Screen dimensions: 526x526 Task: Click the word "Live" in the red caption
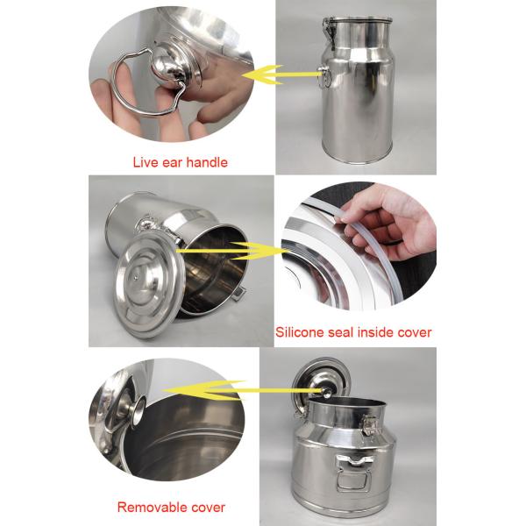[146, 162]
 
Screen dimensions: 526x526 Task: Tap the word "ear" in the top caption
[173, 163]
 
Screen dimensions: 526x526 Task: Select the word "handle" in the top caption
[207, 162]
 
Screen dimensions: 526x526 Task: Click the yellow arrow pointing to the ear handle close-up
[281, 75]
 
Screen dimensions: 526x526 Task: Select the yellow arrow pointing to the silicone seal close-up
[232, 251]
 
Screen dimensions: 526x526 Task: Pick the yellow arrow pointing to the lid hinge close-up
[242, 390]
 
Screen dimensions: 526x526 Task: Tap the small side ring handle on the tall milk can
[324, 77]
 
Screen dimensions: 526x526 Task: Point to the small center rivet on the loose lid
[135, 277]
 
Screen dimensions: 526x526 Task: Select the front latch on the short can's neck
[370, 425]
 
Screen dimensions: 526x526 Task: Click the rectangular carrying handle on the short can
[354, 473]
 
